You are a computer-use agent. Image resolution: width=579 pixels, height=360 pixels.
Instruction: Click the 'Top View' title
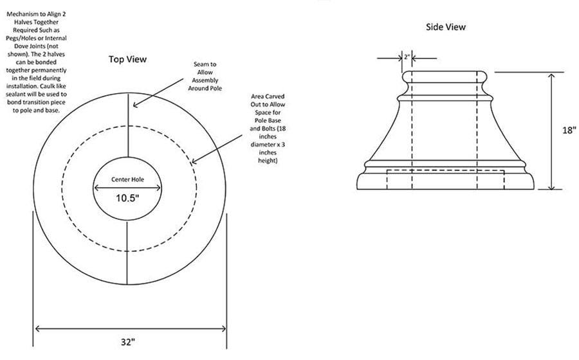tap(127, 59)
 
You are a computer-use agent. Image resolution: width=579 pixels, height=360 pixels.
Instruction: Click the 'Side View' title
tap(446, 27)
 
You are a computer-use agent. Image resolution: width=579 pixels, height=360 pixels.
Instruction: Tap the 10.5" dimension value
tap(127, 198)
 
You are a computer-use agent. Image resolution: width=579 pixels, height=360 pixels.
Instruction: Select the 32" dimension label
tap(128, 342)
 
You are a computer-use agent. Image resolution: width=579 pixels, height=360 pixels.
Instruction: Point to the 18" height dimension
tap(569, 130)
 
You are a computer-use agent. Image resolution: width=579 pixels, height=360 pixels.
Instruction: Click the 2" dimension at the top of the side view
tap(407, 57)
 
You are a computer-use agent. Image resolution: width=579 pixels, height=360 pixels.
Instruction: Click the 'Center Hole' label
tap(128, 179)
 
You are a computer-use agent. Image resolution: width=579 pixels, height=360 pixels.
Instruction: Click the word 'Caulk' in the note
tap(58, 86)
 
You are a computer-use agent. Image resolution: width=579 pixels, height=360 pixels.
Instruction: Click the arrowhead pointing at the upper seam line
tap(136, 105)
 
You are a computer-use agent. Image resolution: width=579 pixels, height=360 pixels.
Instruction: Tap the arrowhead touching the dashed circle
tap(194, 161)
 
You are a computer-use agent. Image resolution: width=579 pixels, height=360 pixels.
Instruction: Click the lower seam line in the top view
tap(127, 253)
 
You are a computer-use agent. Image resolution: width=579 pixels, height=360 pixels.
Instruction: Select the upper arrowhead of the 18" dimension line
tap(551, 76)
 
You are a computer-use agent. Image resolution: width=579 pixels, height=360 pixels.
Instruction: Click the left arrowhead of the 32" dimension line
tap(37, 328)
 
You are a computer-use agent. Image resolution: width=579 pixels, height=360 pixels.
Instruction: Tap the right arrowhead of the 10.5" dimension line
tap(158, 188)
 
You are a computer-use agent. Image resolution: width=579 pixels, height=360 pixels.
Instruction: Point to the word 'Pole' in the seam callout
tap(216, 88)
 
